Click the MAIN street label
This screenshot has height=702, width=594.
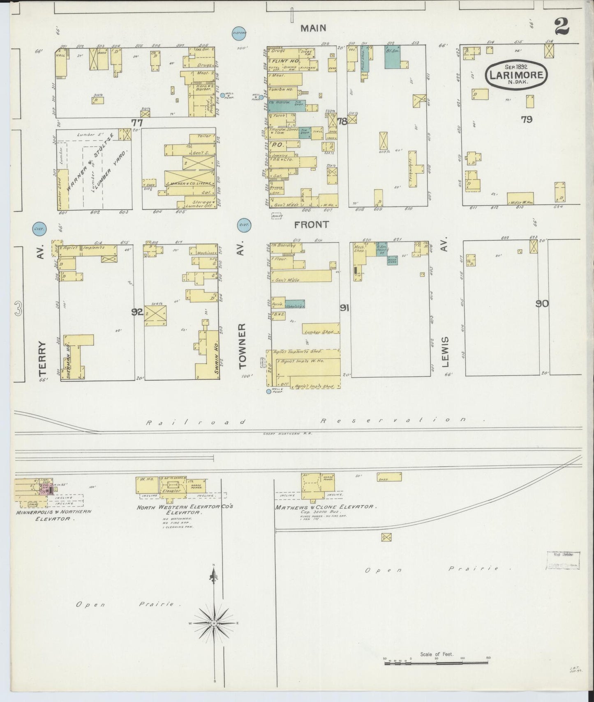click(313, 28)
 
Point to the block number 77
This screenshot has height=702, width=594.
click(137, 122)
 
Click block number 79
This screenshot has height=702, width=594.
click(526, 119)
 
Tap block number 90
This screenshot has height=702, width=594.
click(542, 304)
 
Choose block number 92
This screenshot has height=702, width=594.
click(137, 312)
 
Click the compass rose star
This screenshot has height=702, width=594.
click(214, 634)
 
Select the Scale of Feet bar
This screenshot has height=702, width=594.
click(436, 662)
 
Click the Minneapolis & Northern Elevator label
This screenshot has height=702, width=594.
click(53, 515)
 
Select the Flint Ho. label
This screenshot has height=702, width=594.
click(290, 61)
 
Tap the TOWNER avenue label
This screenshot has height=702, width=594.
click(242, 345)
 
